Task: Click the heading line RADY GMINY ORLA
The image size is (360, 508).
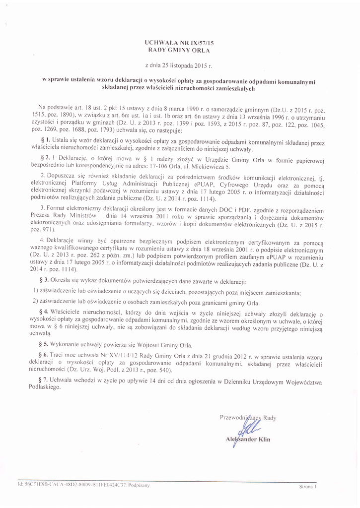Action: (x=179, y=51)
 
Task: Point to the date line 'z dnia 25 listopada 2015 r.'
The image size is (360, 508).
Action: (x=179, y=65)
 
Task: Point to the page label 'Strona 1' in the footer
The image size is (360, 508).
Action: (x=308, y=487)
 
